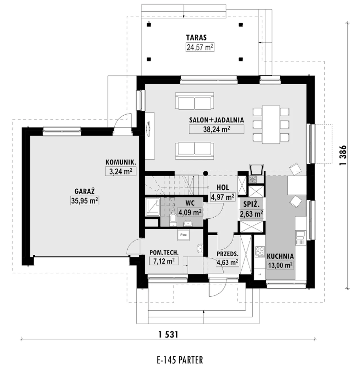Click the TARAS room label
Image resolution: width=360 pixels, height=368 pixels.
coord(196,37)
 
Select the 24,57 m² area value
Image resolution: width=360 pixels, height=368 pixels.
coord(200,47)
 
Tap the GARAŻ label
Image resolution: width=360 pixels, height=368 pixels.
coord(84,191)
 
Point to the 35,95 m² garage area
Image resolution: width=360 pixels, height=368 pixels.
coord(84,201)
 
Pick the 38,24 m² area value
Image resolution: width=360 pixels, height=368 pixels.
coord(217,129)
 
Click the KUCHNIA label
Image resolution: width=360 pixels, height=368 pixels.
coord(280,256)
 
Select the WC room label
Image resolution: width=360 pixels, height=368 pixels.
coord(190,203)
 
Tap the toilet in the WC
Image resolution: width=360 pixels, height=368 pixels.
coord(173,220)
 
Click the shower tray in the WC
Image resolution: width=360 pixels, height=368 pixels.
coord(153,207)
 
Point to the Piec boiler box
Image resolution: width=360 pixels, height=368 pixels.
coord(183,235)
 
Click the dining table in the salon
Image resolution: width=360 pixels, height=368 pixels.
coord(271,125)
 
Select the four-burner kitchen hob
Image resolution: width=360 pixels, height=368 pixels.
coord(259,251)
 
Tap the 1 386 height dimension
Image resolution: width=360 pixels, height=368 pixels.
coord(343,155)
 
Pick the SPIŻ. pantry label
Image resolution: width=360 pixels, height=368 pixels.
coord(251,204)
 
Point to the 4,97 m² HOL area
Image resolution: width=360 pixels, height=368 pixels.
coord(223,197)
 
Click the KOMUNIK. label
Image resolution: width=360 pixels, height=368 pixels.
coord(121,162)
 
